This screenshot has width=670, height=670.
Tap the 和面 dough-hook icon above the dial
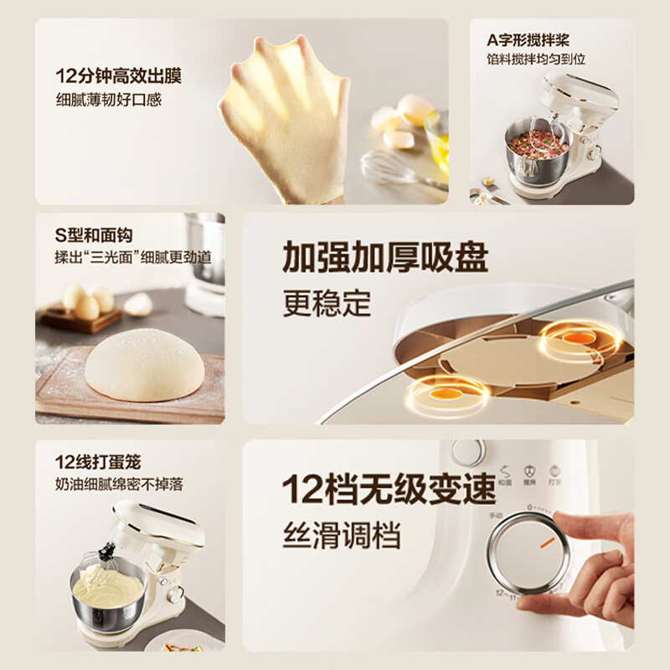[x=505, y=476]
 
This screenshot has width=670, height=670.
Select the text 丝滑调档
[x=341, y=533]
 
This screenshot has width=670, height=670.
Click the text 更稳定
[x=326, y=303]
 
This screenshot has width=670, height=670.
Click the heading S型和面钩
[x=94, y=236]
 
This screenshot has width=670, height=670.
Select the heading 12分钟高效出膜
[x=118, y=76]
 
